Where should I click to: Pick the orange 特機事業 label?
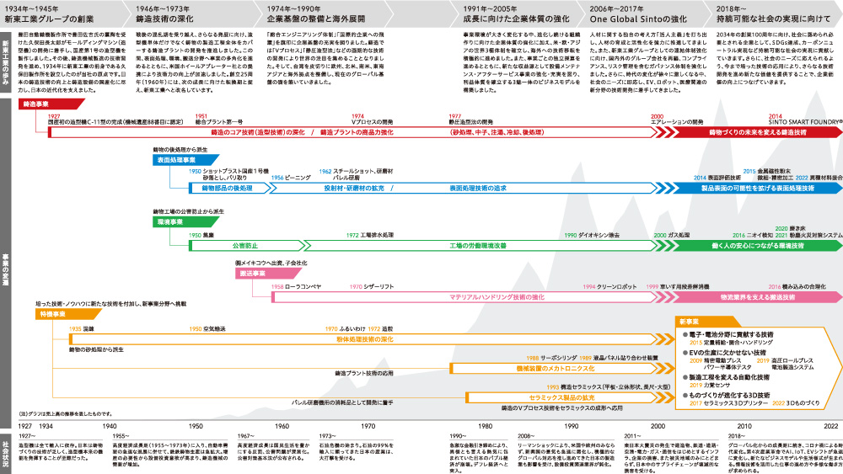52,313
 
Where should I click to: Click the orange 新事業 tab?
693,322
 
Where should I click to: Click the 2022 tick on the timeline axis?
830,426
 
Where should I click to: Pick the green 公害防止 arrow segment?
244,246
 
